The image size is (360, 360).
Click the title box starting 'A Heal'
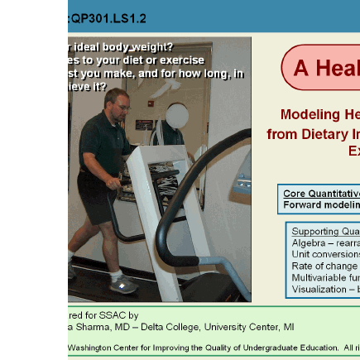pos(323,68)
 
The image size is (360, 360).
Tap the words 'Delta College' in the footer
pos(169,327)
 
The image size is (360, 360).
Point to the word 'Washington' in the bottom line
pos(90,347)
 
